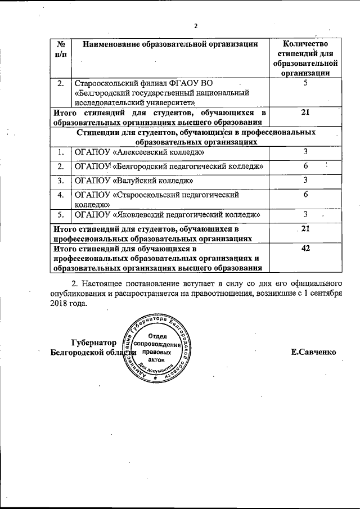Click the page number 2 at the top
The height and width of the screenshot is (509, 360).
[x=196, y=26]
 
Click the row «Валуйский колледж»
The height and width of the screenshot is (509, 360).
[x=134, y=181]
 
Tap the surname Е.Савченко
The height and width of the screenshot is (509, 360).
[x=313, y=352]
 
